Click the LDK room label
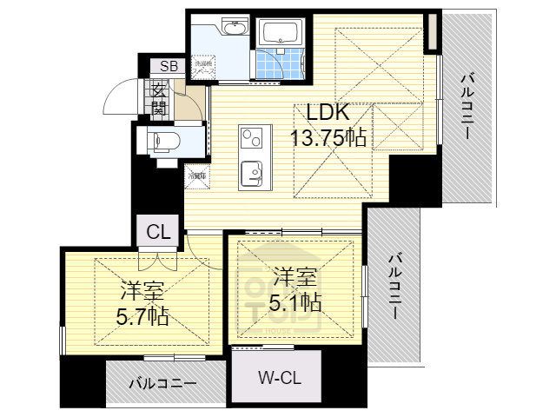(x=326, y=113)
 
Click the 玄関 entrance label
(x=159, y=99)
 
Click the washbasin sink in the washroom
(x=235, y=30)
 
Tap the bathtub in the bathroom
(x=280, y=34)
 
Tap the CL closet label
(x=157, y=232)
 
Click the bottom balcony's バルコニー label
(x=162, y=382)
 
